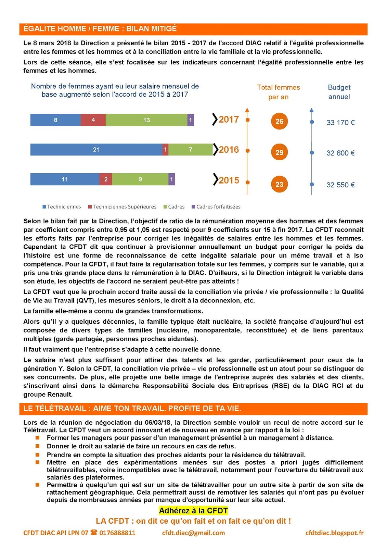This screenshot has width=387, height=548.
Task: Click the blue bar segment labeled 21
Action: (96, 150)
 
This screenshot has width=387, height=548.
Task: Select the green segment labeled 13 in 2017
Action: (146, 120)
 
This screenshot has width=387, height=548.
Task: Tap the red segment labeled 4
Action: (93, 120)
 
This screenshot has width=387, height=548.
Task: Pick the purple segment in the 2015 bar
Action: (172, 179)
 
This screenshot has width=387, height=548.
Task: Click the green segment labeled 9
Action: (140, 179)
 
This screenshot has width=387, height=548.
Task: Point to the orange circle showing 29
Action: (279, 152)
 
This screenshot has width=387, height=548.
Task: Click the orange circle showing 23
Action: (279, 184)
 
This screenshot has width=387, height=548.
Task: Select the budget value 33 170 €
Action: (340, 123)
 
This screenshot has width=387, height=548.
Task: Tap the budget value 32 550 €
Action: (340, 185)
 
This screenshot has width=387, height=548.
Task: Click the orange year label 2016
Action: (229, 150)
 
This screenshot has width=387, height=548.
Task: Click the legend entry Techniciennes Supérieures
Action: (124, 207)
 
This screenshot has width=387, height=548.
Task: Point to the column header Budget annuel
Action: (339, 92)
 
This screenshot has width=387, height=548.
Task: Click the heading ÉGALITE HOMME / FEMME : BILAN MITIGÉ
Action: (100, 29)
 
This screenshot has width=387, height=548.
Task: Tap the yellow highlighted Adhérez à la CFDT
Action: (193, 511)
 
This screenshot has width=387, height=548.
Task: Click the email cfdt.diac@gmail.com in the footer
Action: (193, 533)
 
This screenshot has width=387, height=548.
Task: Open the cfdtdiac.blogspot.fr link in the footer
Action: (334, 533)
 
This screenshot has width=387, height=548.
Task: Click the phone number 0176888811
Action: (117, 533)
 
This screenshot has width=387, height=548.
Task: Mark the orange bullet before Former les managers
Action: (38, 438)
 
